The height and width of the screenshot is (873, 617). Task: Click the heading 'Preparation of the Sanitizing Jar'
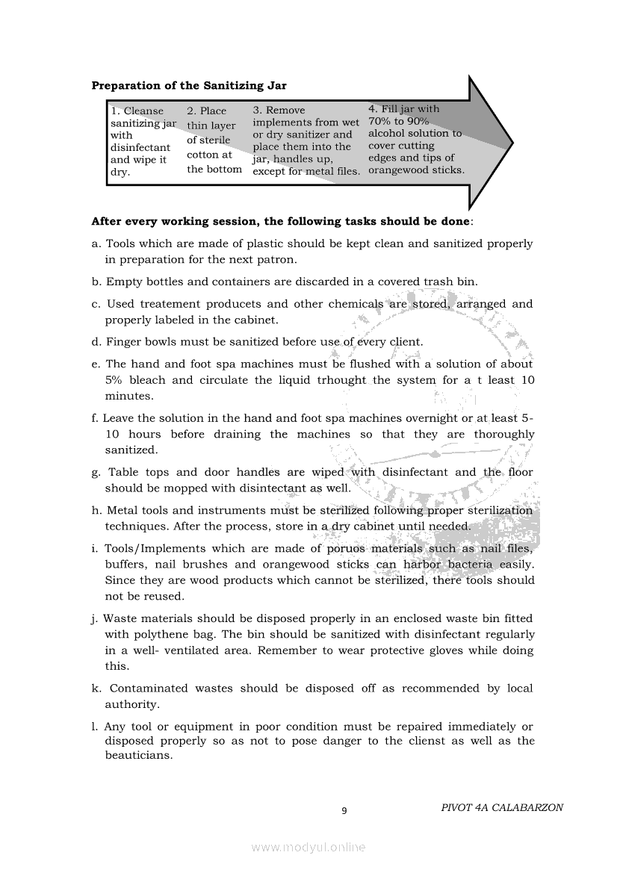(x=188, y=86)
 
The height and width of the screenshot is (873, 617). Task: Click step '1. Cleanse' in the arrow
(x=137, y=111)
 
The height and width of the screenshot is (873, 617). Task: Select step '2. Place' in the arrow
(x=206, y=111)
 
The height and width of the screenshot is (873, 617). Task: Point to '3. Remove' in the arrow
(x=279, y=111)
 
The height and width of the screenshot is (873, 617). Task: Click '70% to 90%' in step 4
(x=399, y=121)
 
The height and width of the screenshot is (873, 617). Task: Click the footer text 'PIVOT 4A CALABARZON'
(x=502, y=807)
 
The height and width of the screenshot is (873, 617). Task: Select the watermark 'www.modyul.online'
(x=308, y=848)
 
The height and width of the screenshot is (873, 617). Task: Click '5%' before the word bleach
(x=114, y=380)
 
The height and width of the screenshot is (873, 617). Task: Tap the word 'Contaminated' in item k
(x=149, y=689)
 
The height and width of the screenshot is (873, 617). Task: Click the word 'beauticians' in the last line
(x=138, y=755)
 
